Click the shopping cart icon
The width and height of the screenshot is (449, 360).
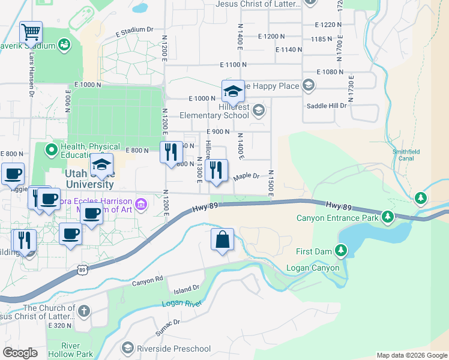31,32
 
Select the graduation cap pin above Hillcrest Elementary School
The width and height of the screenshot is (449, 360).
233,91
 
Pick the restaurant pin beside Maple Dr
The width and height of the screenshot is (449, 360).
216,170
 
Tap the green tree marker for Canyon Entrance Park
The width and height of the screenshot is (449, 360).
388,216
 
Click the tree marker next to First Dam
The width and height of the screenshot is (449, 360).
342,250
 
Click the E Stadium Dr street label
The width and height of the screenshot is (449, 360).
131,30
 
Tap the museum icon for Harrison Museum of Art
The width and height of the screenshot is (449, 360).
141,205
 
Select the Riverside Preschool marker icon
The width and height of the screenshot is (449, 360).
127,348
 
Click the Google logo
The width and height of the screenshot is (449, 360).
20,353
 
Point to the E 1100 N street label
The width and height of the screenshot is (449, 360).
234,64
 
